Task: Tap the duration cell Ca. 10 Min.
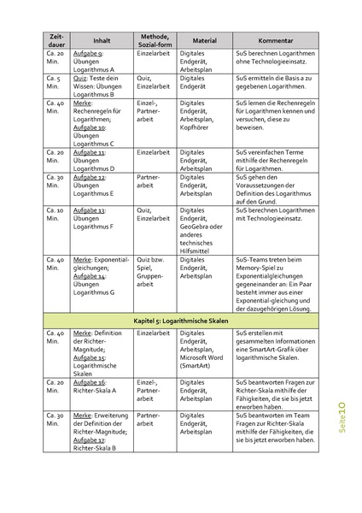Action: click(55, 214)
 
